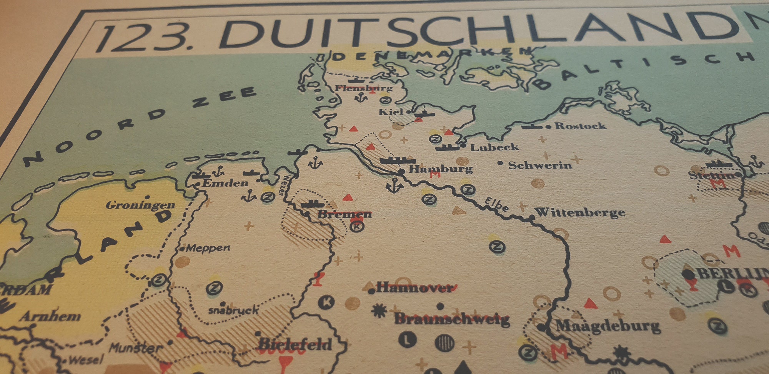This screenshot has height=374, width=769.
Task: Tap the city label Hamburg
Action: pyautogui.click(x=440, y=169)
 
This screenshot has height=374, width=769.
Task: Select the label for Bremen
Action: pyautogui.click(x=344, y=214)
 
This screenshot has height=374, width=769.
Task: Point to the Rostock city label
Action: pyautogui.click(x=580, y=126)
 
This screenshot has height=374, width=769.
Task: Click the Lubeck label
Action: pyautogui.click(x=494, y=147)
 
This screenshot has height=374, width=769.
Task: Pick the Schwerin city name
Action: pyautogui.click(x=540, y=165)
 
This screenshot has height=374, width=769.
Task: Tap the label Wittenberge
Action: pyautogui.click(x=580, y=212)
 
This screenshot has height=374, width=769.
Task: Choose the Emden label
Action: pyautogui.click(x=225, y=183)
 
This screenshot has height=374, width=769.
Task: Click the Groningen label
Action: pyautogui.click(x=140, y=205)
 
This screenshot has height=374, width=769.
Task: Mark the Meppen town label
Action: pyautogui.click(x=208, y=248)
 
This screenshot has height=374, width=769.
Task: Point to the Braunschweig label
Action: pyautogui.click(x=452, y=319)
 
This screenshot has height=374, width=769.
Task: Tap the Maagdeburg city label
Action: pyautogui.click(x=608, y=326)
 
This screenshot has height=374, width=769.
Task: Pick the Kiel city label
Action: pyautogui.click(x=391, y=112)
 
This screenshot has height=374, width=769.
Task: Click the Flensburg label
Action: pyautogui.click(x=363, y=88)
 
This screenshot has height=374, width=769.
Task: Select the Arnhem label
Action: pyautogui.click(x=50, y=317)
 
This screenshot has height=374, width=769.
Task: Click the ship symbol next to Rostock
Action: pyautogui.click(x=532, y=126)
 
